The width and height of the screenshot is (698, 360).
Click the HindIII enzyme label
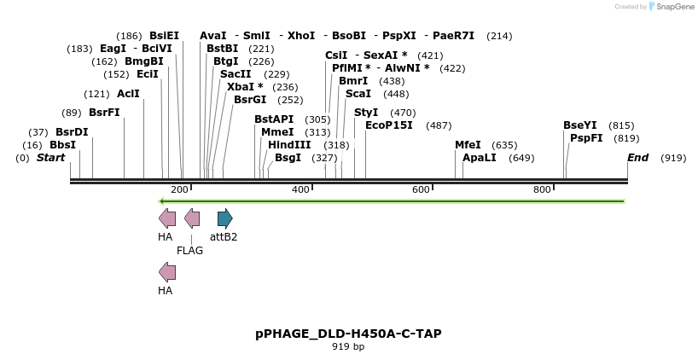click(289, 145)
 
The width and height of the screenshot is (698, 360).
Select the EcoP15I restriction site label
click(388, 125)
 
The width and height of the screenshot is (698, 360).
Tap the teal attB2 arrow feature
click(224, 218)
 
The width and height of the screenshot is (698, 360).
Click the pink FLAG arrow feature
click(193, 218)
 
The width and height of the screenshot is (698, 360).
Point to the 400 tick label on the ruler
click(300, 189)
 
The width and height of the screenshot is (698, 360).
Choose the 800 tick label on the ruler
click(542, 189)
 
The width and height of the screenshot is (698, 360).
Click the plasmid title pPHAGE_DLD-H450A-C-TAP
click(348, 334)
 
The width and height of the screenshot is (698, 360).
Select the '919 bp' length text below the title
click(348, 347)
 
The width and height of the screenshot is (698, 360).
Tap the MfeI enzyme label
click(468, 145)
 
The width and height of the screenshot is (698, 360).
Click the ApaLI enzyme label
click(479, 158)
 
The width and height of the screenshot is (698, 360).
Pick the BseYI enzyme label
click(579, 125)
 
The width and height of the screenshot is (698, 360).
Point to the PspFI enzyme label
click(586, 138)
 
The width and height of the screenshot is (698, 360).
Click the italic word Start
click(50, 158)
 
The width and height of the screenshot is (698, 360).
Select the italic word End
click(637, 158)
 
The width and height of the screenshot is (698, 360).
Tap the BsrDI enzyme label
click(72, 132)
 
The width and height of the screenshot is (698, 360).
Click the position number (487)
click(439, 125)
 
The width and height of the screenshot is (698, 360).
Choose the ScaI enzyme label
click(358, 94)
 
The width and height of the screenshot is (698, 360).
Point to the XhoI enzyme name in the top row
click(301, 36)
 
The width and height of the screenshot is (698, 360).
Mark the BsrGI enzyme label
click(250, 100)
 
